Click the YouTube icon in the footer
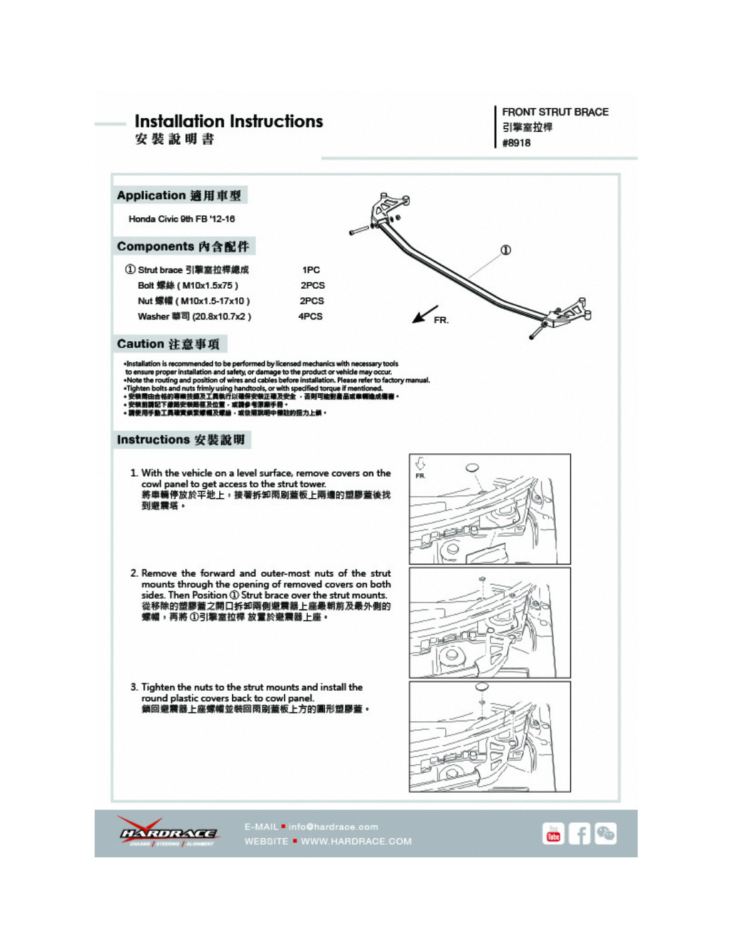tap(553, 833)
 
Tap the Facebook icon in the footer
tap(579, 833)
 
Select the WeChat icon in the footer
tap(605, 833)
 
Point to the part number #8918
tap(516, 143)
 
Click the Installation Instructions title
tap(229, 121)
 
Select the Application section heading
tap(179, 195)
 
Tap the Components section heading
tap(183, 247)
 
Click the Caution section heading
tap(168, 344)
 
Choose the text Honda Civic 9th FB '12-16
tap(181, 219)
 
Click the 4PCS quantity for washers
tap(311, 317)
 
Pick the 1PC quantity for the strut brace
tap(311, 270)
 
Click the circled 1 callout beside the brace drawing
tap(506, 250)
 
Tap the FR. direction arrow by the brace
tap(424, 314)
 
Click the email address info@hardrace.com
tap(333, 827)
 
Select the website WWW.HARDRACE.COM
tap(356, 841)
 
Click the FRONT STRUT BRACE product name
tap(555, 112)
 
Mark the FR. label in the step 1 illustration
tap(420, 476)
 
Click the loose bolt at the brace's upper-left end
tap(359, 231)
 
